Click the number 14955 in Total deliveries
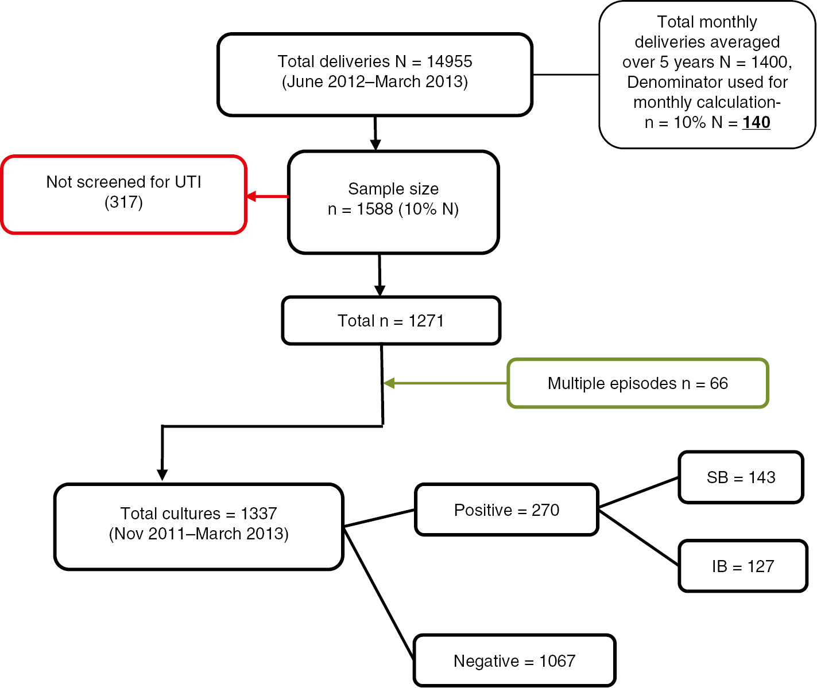pyautogui.click(x=449, y=61)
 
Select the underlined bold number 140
pyautogui.click(x=756, y=122)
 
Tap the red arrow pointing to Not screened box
pyautogui.click(x=267, y=197)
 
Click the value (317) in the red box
pyautogui.click(x=123, y=202)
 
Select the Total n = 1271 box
pyautogui.click(x=391, y=321)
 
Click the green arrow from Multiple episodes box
pyautogui.click(x=445, y=383)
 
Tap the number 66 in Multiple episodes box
pyautogui.click(x=719, y=383)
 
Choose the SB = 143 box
pyautogui.click(x=741, y=477)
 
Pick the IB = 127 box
pyautogui.click(x=743, y=566)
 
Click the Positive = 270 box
pyautogui.click(x=506, y=510)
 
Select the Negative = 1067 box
pyautogui.click(x=514, y=661)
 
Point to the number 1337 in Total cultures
pyautogui.click(x=258, y=514)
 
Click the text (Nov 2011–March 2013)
pyautogui.click(x=199, y=534)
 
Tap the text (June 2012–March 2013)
pyautogui.click(x=375, y=81)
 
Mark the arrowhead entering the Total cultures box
pyautogui.click(x=162, y=475)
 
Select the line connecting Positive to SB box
pyautogui.click(x=638, y=492)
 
